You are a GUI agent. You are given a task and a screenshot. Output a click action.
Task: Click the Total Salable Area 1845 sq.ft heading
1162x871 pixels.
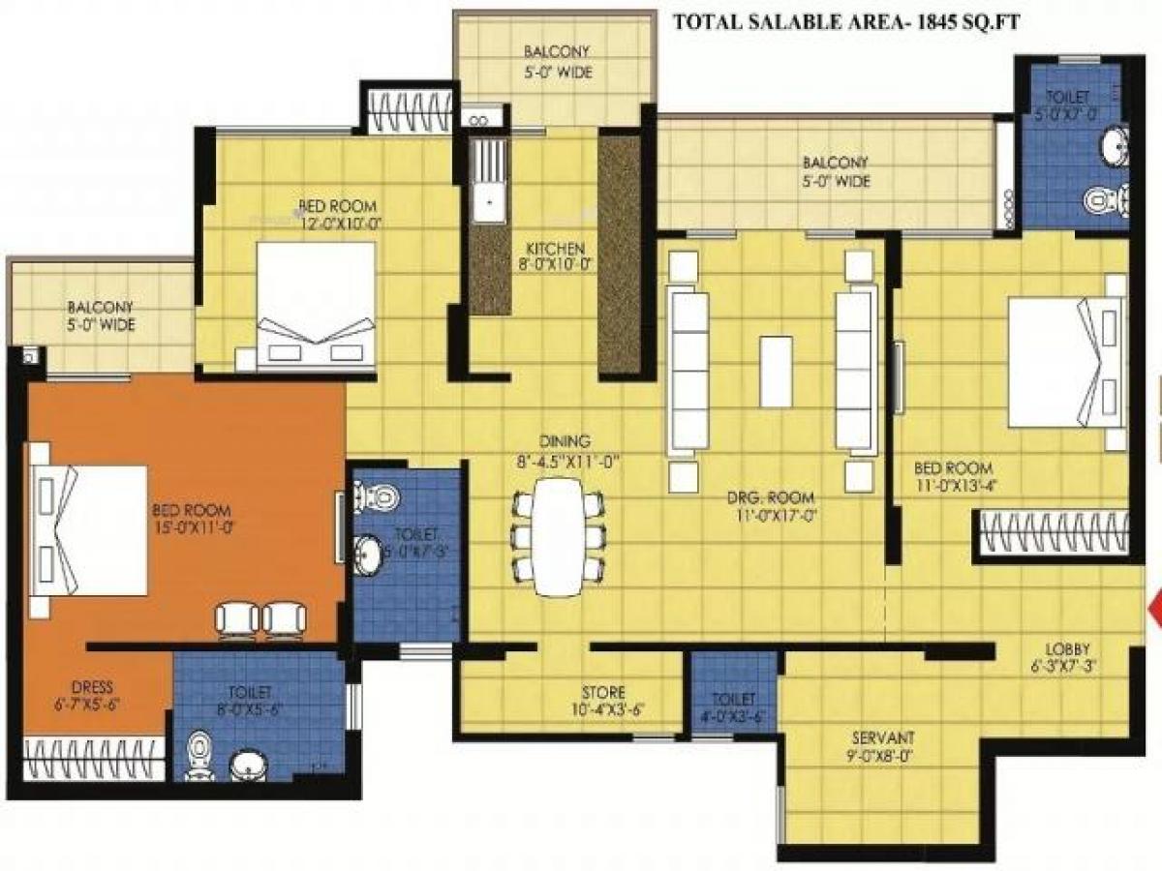[x=845, y=22]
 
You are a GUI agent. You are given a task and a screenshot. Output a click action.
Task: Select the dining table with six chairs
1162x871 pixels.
[x=559, y=536]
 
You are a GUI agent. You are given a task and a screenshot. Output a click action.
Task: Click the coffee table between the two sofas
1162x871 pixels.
[x=776, y=372]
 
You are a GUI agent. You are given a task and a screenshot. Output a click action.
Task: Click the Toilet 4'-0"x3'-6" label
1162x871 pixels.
[x=732, y=706]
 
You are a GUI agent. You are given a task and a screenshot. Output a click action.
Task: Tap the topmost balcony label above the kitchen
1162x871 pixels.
[x=556, y=61]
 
